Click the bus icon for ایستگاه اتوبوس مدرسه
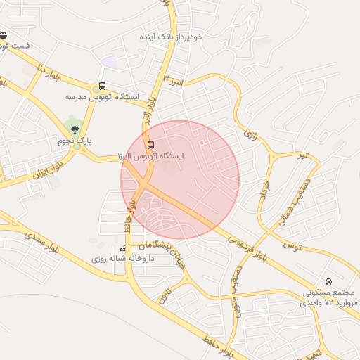coord(103,86)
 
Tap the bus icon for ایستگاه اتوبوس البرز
coord(149,146)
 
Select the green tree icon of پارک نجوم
coord(75,128)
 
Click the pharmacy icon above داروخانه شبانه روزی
coord(123,249)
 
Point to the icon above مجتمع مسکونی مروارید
coord(329,281)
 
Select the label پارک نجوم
coord(75,141)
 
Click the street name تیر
coord(302,155)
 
